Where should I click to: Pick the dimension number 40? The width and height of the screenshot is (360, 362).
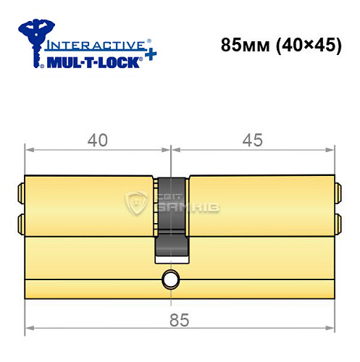click(x=96, y=140)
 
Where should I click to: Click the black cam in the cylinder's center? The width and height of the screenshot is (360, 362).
click(x=172, y=217)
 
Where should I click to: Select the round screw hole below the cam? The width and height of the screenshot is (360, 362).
click(x=171, y=279)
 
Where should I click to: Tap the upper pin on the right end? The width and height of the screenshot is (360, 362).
click(x=338, y=192)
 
